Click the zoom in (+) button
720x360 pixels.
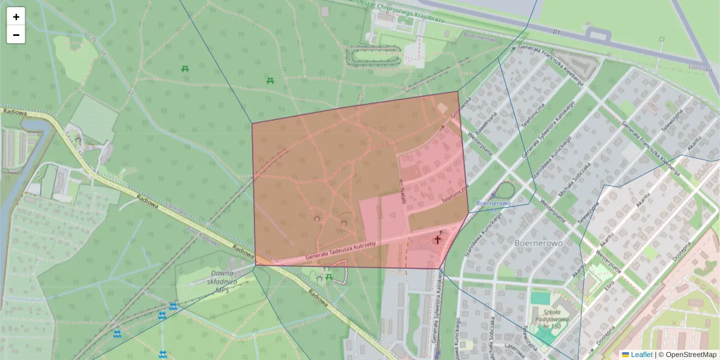coord(16,17)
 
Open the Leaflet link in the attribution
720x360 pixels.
coord(641,355)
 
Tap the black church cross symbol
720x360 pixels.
coord(438,239)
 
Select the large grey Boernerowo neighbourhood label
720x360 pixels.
coord(538,244)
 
